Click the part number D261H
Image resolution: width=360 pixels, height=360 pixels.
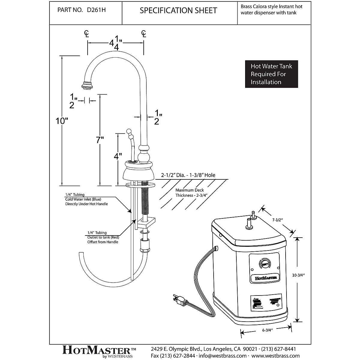(96, 10)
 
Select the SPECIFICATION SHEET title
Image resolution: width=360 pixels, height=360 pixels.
(178, 10)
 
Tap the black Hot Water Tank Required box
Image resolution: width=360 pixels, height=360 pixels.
(271, 74)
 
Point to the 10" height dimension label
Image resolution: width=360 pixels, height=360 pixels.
(62, 121)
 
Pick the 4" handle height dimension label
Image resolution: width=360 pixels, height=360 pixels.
(118, 156)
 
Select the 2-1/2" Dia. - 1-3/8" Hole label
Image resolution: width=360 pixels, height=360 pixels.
(188, 175)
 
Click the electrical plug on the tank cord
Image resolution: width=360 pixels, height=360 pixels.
(179, 299)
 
